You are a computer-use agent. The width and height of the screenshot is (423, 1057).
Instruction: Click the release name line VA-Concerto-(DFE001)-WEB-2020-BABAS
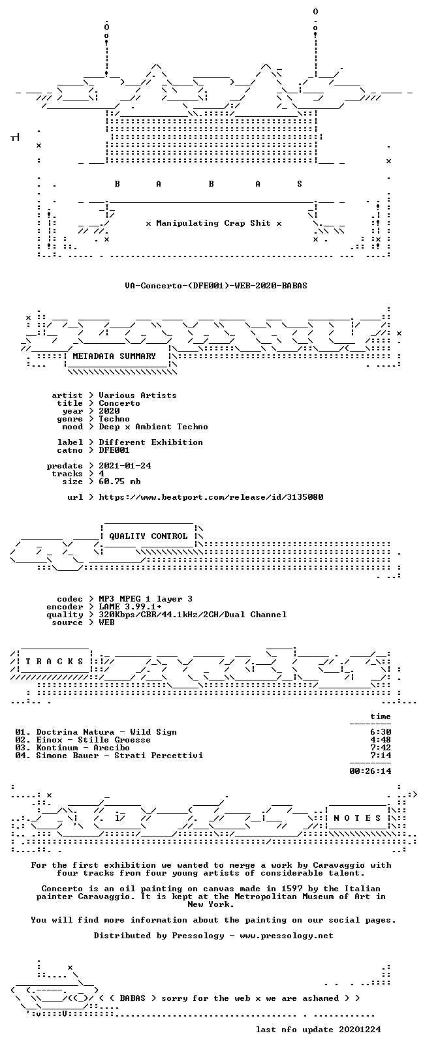coord(216,286)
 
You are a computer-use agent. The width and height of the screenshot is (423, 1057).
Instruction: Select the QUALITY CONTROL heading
coord(148,536)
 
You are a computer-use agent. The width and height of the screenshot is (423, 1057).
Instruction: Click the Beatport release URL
coord(211,497)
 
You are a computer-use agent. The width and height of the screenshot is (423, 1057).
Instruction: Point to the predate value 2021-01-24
coord(125,466)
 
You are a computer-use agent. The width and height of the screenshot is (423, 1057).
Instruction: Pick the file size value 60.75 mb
coord(120,482)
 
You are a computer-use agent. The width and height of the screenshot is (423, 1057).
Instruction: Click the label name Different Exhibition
coord(151,442)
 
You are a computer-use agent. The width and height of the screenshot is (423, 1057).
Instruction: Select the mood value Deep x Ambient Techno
coord(153,427)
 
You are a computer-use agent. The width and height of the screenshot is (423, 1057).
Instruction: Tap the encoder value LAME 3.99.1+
coord(131,607)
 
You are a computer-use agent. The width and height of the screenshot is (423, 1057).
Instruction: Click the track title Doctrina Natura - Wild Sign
coord(106,732)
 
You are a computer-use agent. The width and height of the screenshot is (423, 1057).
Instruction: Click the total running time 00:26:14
coord(371,771)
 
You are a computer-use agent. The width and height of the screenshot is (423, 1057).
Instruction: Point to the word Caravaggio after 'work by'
coord(339,865)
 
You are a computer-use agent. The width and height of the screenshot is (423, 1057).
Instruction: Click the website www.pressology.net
coord(287,935)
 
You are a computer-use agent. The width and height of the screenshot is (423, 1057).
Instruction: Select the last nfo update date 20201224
coord(360,1029)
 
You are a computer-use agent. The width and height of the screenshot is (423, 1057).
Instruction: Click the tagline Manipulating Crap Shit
coord(213,223)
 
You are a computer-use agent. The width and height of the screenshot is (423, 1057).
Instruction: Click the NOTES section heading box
coord(357,818)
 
